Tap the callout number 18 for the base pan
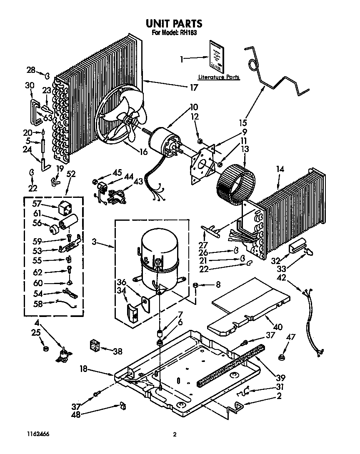[83, 369]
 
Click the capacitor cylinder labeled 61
[68, 221]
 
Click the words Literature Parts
[218, 77]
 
